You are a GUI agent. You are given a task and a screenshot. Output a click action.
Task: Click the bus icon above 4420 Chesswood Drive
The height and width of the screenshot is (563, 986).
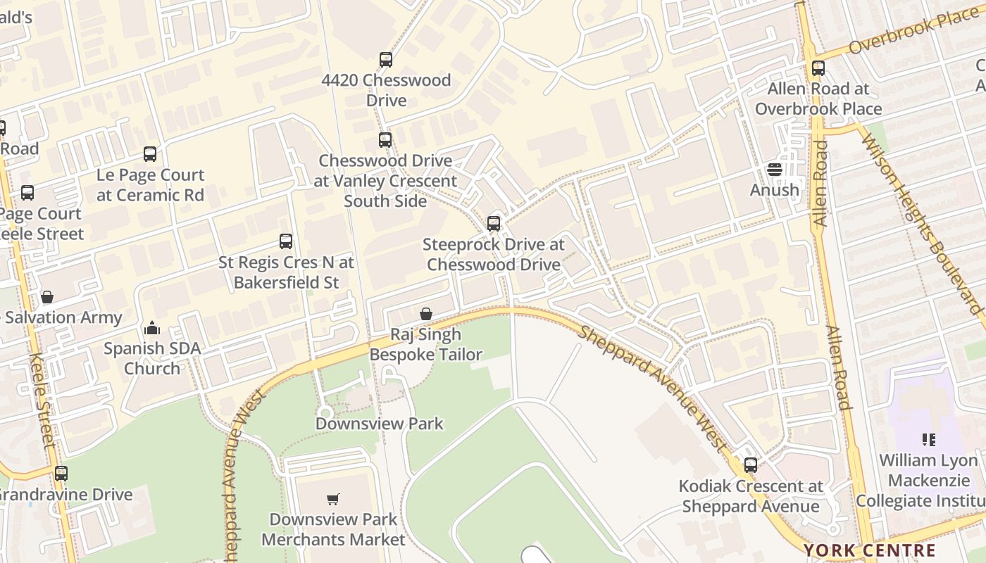385,60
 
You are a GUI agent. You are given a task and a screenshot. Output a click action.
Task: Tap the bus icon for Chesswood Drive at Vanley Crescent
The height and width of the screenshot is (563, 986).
385,140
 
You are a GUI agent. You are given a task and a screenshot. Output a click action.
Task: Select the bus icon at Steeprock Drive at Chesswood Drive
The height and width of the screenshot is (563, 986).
494,224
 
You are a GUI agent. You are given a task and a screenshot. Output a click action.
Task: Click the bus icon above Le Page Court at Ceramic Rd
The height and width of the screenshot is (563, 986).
150,154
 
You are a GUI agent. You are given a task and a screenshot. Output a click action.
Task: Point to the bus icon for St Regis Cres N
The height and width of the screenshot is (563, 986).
286,241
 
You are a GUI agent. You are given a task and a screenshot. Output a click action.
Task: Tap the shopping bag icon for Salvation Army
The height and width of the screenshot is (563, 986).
47,297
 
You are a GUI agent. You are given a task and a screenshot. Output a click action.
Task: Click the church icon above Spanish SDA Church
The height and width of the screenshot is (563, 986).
152,328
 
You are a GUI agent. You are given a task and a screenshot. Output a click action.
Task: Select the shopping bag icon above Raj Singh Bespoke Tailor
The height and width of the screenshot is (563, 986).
426,314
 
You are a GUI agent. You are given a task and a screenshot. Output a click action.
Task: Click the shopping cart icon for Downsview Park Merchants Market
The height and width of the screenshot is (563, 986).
333,499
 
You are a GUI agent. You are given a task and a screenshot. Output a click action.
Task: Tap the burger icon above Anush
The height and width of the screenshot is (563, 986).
775,170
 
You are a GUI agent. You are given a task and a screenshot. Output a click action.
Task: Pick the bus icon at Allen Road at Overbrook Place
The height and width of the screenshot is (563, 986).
818,68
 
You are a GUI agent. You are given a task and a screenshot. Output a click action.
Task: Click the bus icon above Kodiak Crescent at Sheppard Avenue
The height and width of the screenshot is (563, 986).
751,465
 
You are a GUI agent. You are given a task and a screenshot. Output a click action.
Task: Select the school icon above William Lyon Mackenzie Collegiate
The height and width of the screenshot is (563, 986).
929,441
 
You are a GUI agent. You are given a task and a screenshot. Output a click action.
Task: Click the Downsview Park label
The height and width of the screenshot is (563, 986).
380,424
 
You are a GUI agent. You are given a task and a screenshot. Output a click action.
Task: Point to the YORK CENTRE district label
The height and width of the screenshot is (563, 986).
870,550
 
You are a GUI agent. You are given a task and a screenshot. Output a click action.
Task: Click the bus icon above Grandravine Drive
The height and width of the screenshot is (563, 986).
61,474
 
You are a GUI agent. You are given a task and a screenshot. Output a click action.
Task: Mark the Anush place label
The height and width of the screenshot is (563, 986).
775,190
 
